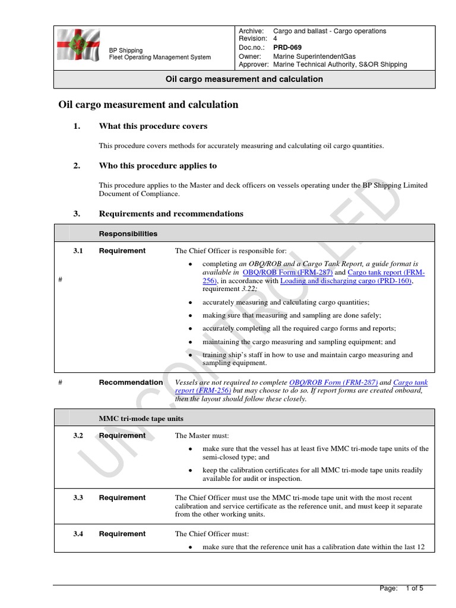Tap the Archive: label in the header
251,31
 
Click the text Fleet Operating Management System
160,58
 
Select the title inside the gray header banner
243,79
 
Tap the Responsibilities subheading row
128,234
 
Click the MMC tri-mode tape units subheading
141,419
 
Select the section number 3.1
78,251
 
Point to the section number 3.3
78,498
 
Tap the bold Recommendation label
131,383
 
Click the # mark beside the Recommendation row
61,383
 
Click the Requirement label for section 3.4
122,534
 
